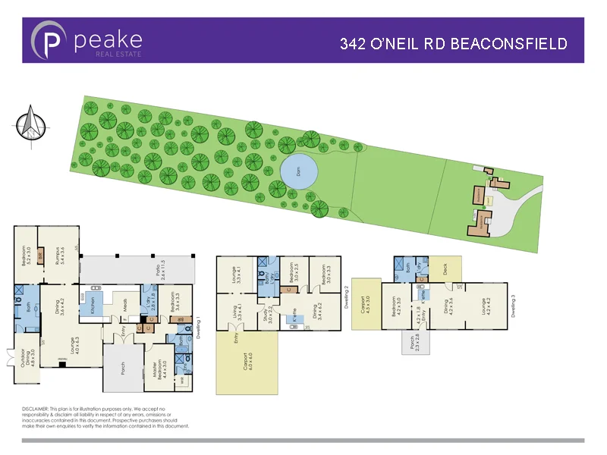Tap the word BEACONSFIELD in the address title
pos(509,44)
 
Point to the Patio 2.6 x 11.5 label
pos(160,271)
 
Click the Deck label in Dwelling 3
pos(445,267)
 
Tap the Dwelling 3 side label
pos(513,306)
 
